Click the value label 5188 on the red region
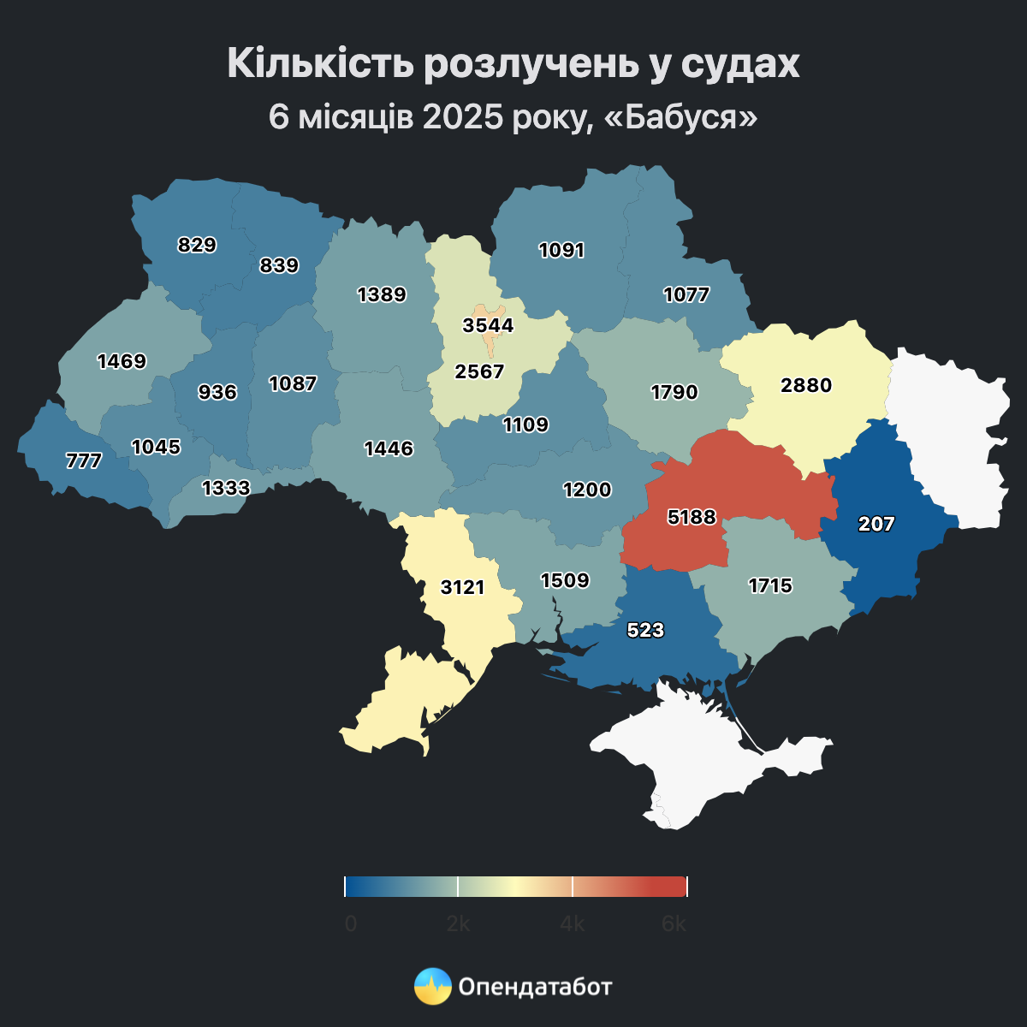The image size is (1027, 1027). [x=692, y=517]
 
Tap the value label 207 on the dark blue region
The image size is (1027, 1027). [x=876, y=525]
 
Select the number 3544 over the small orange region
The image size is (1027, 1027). [x=488, y=325]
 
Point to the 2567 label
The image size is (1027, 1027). [x=479, y=371]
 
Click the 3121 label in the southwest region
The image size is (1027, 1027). [x=463, y=587]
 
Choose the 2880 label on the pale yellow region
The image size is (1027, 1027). [x=806, y=385]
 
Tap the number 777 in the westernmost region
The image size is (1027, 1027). [x=84, y=461]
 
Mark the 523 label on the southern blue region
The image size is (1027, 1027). [x=645, y=630]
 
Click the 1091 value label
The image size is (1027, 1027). [x=561, y=250]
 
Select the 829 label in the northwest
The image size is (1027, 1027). [x=197, y=245]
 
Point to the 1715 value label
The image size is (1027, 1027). [x=770, y=585]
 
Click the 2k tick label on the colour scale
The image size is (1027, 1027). [x=458, y=924]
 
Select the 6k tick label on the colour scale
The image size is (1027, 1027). [x=674, y=924]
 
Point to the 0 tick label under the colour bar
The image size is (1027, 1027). [x=350, y=924]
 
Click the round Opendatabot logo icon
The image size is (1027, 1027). [x=432, y=986]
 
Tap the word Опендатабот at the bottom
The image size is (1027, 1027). [x=536, y=987]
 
